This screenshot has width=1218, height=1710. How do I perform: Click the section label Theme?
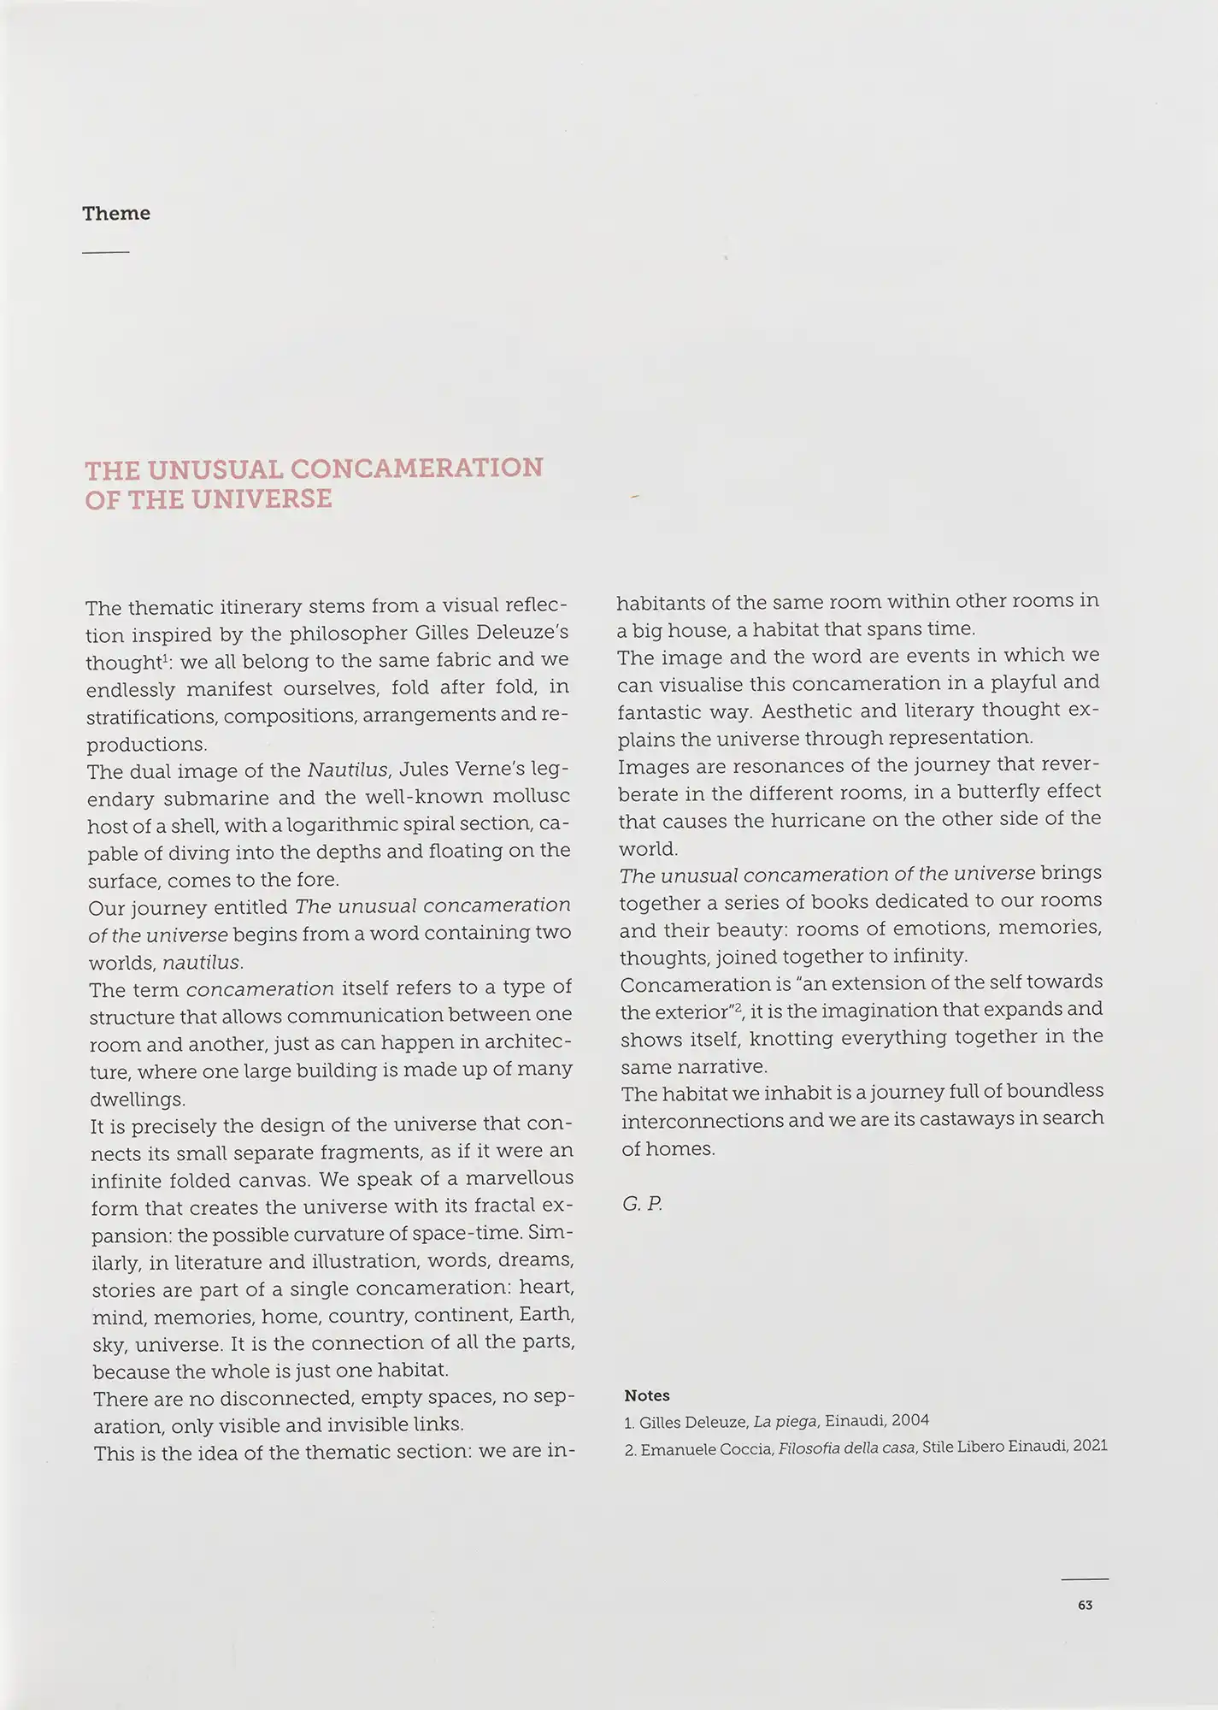115,213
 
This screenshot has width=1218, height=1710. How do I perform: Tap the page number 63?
1085,1605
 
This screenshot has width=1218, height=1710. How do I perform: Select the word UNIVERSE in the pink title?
261,498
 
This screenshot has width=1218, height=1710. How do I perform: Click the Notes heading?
647,1395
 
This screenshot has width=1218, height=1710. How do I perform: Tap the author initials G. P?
642,1204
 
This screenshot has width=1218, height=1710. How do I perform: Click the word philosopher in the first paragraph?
338,634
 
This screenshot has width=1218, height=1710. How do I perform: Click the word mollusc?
533,796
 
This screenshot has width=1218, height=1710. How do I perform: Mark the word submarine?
218,798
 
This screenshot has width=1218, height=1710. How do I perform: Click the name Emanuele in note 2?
677,1447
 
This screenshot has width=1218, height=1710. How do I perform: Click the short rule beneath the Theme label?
106,252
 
